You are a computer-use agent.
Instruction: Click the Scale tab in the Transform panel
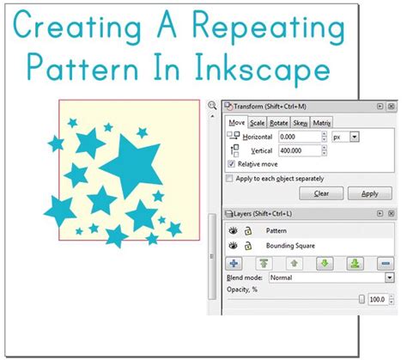click(258, 123)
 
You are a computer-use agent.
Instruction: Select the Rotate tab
click(279, 123)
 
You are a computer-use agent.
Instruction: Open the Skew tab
click(301, 123)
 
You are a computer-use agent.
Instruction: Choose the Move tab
click(236, 123)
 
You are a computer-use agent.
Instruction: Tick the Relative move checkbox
click(230, 163)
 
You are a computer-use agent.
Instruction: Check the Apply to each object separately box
click(229, 178)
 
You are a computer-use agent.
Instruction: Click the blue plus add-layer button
click(234, 263)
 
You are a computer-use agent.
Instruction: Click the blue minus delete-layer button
click(384, 263)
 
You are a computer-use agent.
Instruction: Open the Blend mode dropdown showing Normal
click(331, 278)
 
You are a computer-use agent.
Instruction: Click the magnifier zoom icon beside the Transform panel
click(212, 106)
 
